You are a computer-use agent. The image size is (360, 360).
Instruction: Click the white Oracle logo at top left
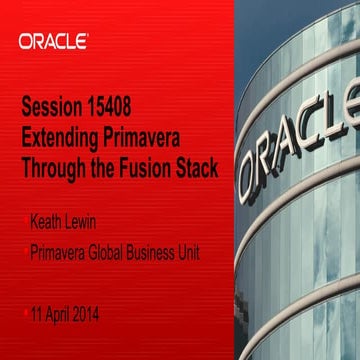point(52,42)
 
